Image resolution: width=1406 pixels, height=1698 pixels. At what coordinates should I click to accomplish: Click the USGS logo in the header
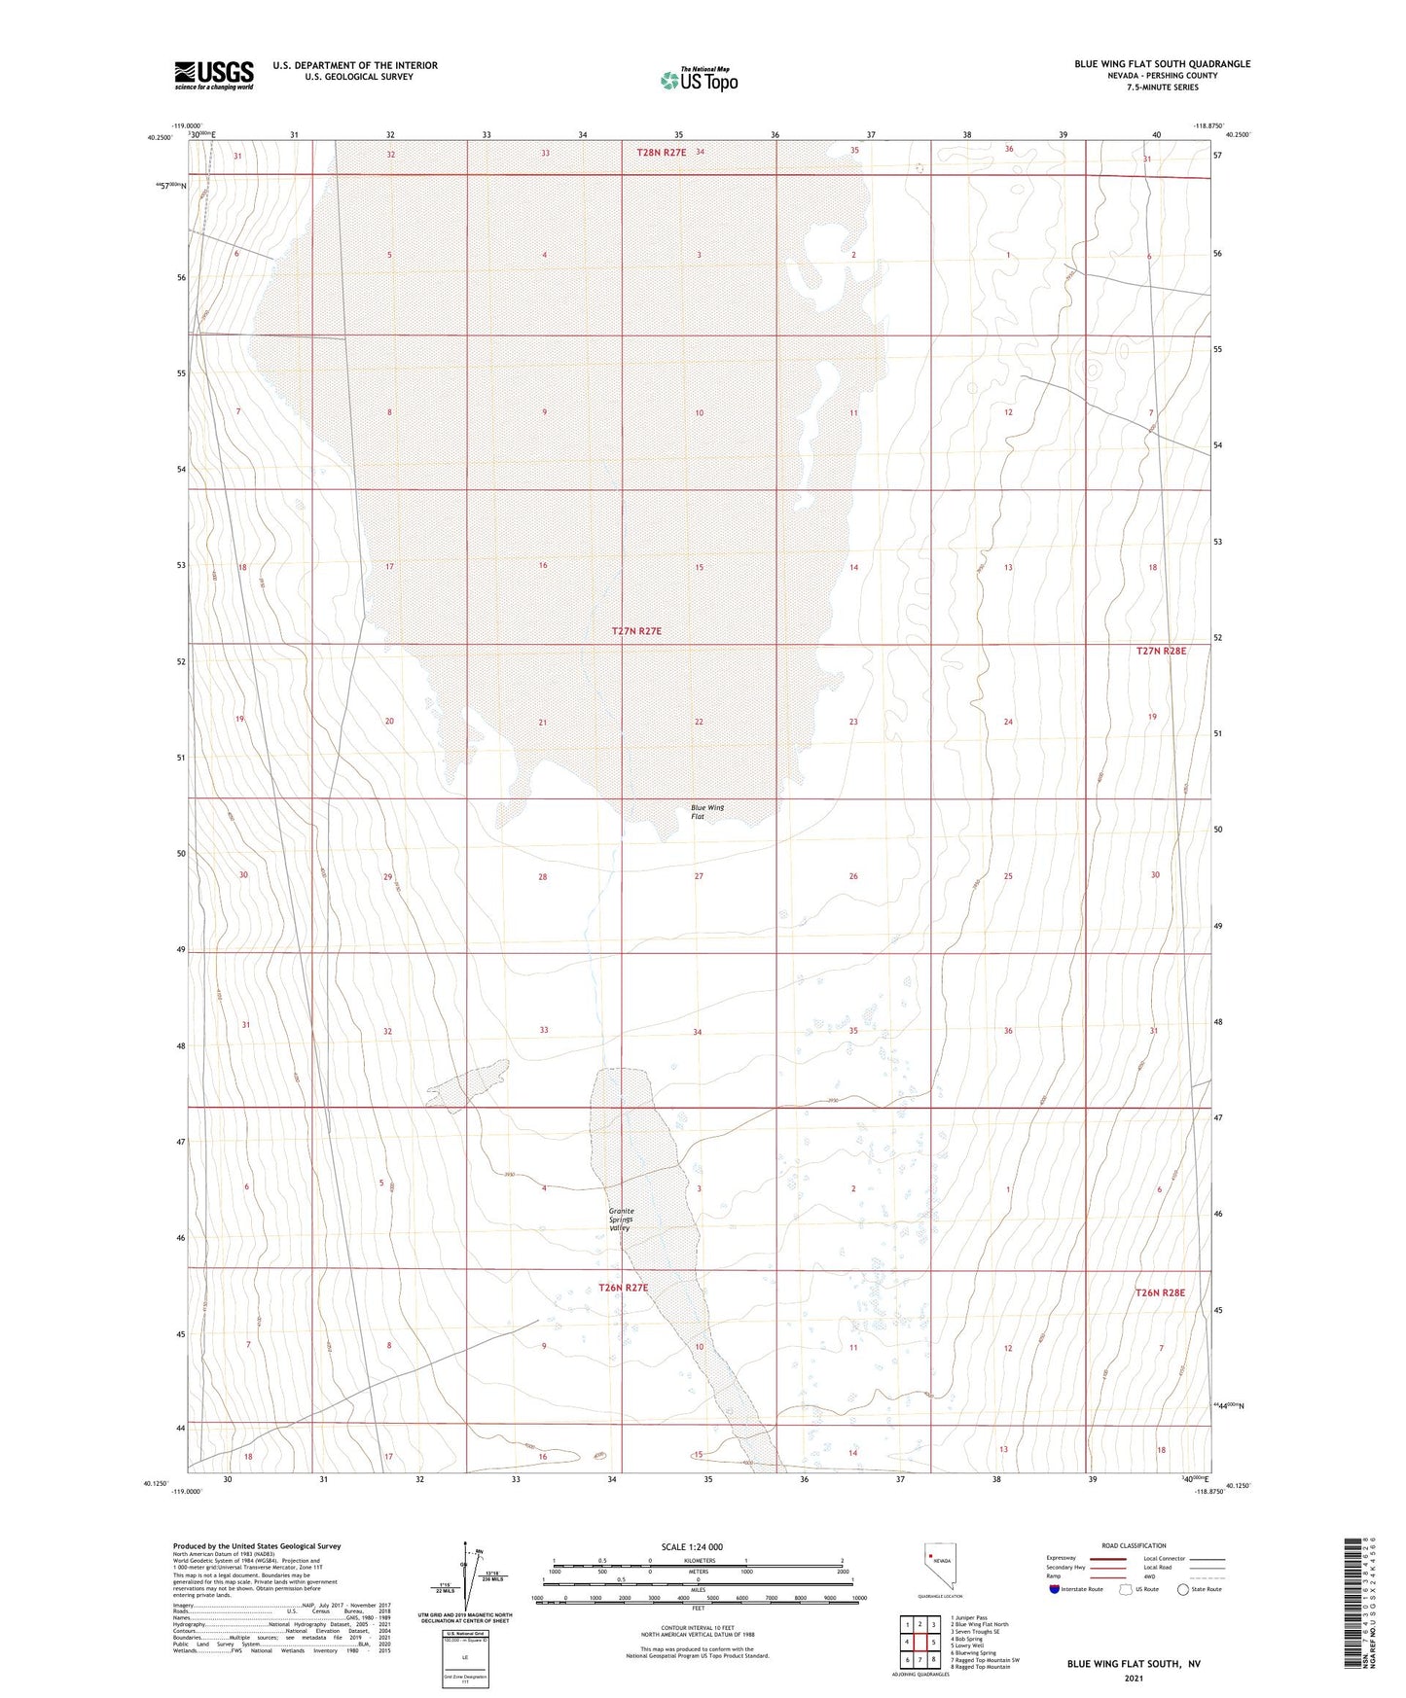[x=214, y=74]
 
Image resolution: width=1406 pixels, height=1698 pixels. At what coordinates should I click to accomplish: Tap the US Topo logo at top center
[x=699, y=80]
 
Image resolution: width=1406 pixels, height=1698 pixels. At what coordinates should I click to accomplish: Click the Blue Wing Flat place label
[x=707, y=812]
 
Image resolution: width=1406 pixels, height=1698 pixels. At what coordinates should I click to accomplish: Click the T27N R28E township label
[x=1161, y=651]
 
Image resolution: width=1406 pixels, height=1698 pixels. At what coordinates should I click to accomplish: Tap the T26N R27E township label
[x=623, y=1288]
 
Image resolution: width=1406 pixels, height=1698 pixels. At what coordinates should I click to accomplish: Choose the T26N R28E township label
[x=1160, y=1292]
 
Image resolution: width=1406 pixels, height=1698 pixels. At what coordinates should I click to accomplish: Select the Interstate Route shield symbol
[x=1055, y=1589]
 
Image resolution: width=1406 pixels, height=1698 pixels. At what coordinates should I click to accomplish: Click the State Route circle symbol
[x=1183, y=1589]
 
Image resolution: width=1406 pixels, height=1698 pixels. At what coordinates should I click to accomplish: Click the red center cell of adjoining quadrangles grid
[x=919, y=1643]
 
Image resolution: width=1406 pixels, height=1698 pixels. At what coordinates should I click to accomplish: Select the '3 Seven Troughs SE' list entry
[x=974, y=1632]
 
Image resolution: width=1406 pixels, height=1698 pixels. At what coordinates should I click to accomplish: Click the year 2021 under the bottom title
[x=1133, y=1678]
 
